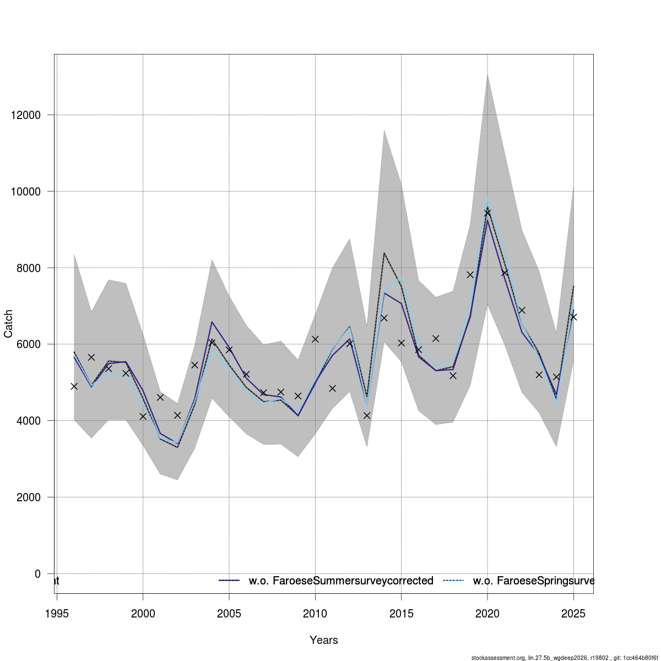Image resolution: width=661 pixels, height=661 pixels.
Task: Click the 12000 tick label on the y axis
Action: pos(25,115)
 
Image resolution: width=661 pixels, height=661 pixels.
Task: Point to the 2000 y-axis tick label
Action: pos(28,497)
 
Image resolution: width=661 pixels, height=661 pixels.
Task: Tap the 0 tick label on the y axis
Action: pos(37,574)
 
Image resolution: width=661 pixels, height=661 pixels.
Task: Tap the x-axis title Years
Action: pos(324,640)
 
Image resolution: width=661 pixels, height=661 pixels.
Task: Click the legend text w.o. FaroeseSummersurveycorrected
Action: pos(341,581)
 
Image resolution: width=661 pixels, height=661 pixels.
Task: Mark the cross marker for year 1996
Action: pos(74,386)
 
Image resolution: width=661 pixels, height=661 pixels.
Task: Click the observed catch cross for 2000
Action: pos(143,416)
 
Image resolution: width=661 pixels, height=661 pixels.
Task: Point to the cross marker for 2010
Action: pos(315,339)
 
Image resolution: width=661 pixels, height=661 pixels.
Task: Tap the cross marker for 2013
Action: pos(367,415)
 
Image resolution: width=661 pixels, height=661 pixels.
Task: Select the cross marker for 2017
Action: pos(436,338)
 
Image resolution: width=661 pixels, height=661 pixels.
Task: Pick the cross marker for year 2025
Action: pos(573,317)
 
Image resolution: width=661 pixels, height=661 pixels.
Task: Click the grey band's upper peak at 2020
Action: pos(487,74)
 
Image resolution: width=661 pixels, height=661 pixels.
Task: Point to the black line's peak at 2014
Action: pos(384,253)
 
